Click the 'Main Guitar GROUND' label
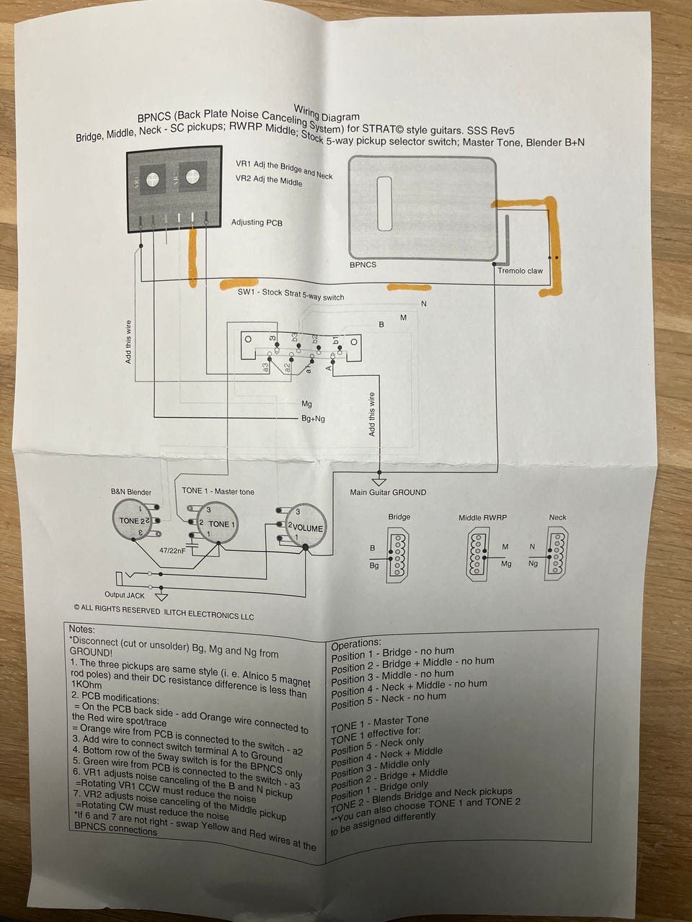tap(388, 493)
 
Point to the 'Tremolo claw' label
tap(520, 271)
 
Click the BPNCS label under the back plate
tap(363, 264)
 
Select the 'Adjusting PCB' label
tap(257, 223)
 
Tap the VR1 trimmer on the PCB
tap(151, 179)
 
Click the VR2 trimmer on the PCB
tap(192, 176)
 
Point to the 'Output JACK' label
tap(125, 595)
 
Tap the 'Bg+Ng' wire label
tap(313, 419)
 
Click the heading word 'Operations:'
tap(355, 643)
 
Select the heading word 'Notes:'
tap(81, 629)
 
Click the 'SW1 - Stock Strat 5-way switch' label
tap(290, 295)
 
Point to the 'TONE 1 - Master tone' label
tap(218, 491)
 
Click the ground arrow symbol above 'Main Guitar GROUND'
tap(378, 480)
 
